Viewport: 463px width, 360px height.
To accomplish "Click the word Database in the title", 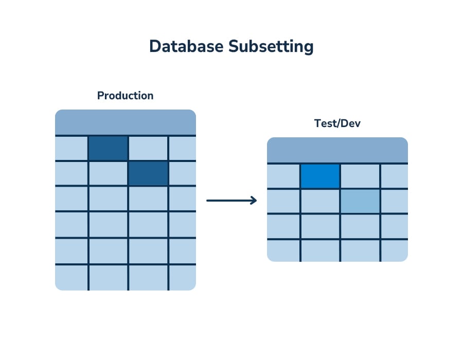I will coord(186,46).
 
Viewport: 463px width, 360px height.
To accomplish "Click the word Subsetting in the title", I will coord(271,46).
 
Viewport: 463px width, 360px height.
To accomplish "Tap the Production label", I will coord(125,96).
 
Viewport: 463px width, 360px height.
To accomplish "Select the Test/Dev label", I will coord(337,123).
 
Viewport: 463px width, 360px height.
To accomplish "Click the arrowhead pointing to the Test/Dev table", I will coord(253,201).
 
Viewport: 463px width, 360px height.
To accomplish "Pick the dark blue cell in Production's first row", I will coord(108,148).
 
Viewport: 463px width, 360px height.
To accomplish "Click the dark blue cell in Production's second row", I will coord(148,173).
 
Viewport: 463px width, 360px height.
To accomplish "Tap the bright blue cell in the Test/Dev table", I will coord(320,176).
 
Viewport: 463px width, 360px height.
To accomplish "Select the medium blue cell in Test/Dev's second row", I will coord(360,201).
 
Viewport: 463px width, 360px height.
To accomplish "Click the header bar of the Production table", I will coord(126,122).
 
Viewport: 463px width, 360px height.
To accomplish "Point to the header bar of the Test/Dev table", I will coord(337,150).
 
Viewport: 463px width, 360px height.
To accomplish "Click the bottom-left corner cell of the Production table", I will coord(72,278).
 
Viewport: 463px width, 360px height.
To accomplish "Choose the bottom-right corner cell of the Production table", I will coord(183,278).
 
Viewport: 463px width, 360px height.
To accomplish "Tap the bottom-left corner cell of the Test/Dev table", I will coord(283,250).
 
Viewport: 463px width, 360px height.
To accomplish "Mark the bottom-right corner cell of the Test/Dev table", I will coord(395,250).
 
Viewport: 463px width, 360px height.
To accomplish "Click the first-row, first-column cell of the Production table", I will coord(72,148).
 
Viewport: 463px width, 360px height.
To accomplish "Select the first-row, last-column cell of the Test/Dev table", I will coord(395,176).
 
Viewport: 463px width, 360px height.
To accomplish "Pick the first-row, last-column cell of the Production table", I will coord(183,148).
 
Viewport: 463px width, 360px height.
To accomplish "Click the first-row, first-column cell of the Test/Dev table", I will coord(283,176).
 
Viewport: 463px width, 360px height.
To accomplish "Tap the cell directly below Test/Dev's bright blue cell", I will coord(320,201).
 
